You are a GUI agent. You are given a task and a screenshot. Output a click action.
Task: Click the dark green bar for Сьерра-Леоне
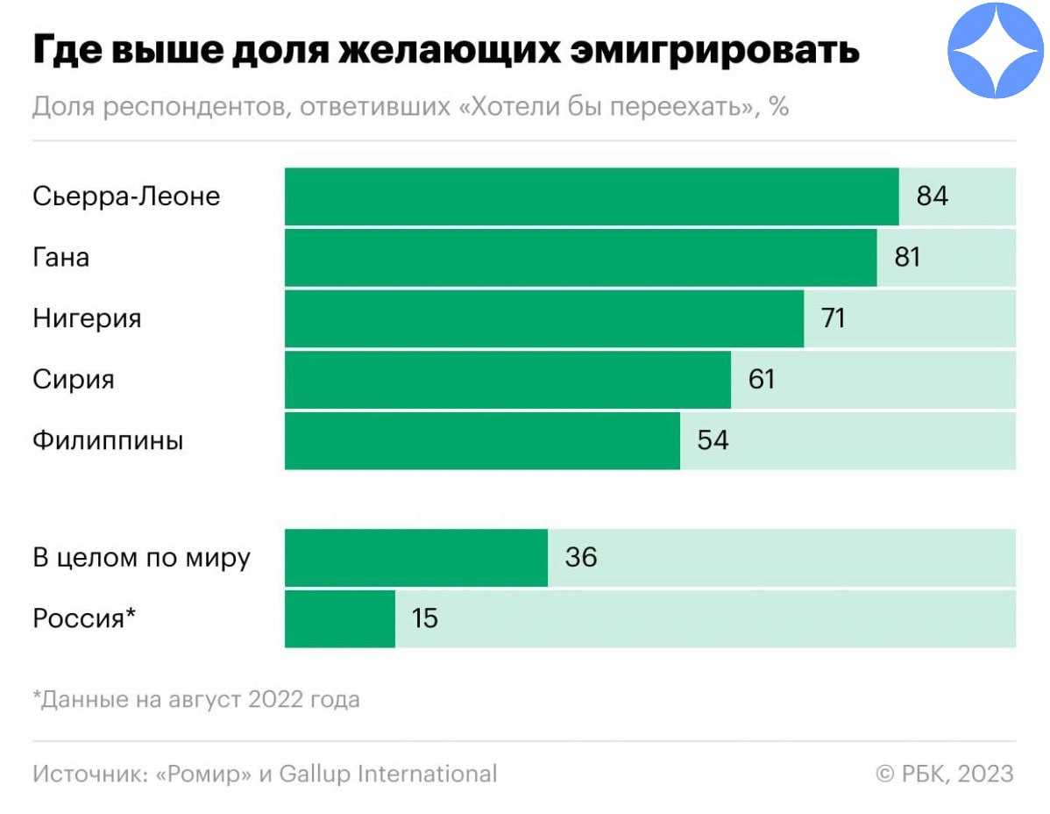click(x=592, y=196)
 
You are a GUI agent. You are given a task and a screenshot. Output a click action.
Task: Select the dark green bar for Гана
click(x=580, y=258)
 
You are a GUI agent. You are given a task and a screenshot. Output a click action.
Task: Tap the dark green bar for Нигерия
click(x=543, y=318)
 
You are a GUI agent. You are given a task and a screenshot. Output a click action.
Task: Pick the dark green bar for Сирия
click(x=507, y=380)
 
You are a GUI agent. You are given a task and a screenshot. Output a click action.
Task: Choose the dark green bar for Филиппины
click(x=482, y=440)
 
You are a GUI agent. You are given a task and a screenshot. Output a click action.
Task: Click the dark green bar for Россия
click(x=340, y=618)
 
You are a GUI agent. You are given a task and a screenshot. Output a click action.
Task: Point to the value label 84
click(x=933, y=196)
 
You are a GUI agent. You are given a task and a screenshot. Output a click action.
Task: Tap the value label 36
click(x=581, y=558)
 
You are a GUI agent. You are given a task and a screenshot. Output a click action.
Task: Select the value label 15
click(x=424, y=618)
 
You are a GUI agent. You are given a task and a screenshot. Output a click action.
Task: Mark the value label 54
click(x=713, y=440)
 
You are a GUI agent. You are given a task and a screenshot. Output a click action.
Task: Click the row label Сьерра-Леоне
click(x=126, y=196)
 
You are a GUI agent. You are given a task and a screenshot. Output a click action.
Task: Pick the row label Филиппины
click(x=108, y=440)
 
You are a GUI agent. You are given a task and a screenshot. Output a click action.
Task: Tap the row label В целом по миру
click(x=142, y=558)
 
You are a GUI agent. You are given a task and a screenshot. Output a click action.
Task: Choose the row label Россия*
click(x=84, y=618)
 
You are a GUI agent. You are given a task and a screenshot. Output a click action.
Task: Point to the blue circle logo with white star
click(x=997, y=50)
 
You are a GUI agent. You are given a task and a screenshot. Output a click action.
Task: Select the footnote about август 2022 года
click(x=196, y=700)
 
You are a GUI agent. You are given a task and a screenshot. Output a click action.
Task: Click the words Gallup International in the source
click(x=387, y=775)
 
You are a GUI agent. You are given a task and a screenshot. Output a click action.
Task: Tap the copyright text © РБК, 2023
click(x=944, y=775)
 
